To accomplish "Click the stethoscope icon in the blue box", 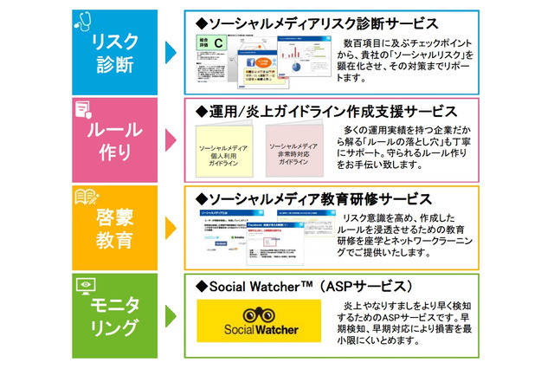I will click(84, 19).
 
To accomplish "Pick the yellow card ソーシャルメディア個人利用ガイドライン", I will click(225, 155).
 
